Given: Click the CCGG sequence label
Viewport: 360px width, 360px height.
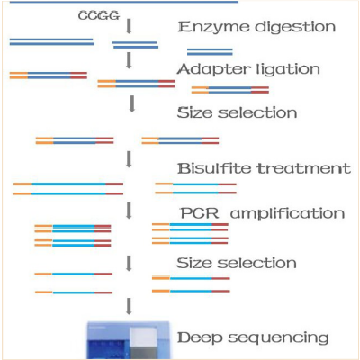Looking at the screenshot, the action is tap(99, 15).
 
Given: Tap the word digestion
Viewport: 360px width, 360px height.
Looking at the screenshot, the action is tap(295, 27).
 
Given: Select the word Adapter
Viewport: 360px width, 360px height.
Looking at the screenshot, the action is tap(214, 70).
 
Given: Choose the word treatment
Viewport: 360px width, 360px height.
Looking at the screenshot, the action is tap(304, 168).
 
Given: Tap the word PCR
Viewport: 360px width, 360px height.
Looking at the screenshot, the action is tap(200, 213).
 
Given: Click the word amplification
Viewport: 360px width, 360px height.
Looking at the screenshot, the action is tap(287, 214).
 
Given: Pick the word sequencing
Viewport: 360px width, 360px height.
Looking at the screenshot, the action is tap(278, 338).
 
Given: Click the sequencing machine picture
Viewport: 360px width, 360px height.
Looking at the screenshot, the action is tap(129, 340).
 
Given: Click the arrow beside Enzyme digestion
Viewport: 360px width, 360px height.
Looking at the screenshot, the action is tap(129, 26).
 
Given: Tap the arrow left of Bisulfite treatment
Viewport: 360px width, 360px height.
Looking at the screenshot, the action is tap(130, 159).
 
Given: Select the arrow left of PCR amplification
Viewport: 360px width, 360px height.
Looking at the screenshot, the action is tap(130, 211).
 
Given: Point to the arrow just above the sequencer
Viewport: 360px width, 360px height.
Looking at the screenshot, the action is tap(129, 306).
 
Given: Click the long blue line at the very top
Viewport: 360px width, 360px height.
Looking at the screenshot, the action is tap(124, 2).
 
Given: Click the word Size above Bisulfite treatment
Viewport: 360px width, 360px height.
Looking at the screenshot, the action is tap(194, 113).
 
